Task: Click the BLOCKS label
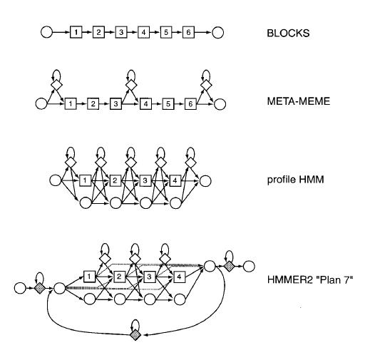coord(288,33)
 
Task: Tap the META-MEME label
coord(299,101)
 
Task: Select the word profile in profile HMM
coord(281,180)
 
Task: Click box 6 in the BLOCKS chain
coord(188,32)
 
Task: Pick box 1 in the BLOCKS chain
coord(76,32)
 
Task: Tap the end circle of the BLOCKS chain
coord(218,33)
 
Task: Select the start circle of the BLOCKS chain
coord(46,32)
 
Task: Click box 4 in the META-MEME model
coord(145,104)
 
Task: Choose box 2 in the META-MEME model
coord(93,104)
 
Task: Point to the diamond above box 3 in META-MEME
coord(131,85)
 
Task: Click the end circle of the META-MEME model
coord(220,104)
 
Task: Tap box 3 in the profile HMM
coord(145,180)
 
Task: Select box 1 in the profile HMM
coord(85,180)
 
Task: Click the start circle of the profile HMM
coord(56,180)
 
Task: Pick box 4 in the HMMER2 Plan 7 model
coord(179,277)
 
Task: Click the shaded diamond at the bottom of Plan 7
coord(135,334)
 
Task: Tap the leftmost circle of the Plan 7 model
coord(20,288)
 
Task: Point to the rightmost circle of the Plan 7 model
coord(249,266)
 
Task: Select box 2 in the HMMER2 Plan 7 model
coord(118,277)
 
